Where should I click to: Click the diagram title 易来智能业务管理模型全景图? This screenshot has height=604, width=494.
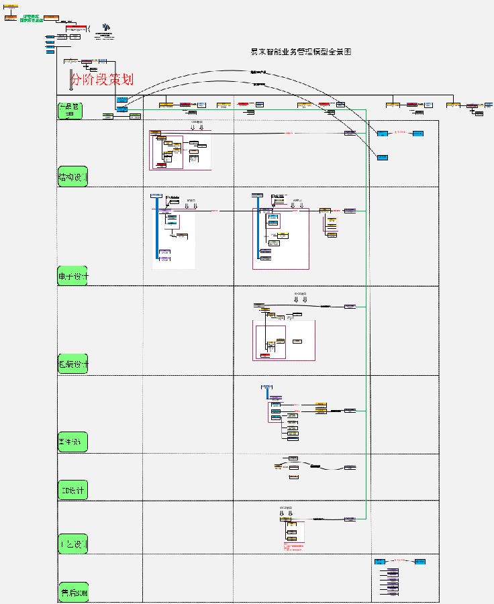coord(301,52)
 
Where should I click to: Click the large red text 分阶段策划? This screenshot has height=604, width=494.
coord(102,79)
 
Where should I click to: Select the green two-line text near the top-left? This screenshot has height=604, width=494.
coord(32,19)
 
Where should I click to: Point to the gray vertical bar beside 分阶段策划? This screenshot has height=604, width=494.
coord(70,79)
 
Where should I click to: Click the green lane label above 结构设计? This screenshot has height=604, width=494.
coord(70,110)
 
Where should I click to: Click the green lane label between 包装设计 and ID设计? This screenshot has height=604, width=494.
coord(74,443)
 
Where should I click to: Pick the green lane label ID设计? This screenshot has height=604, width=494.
coord(73,491)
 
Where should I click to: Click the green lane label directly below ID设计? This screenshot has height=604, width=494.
coord(73,543)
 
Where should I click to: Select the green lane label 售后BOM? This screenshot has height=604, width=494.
coord(74,593)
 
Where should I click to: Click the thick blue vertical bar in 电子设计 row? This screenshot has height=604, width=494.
coord(156,225)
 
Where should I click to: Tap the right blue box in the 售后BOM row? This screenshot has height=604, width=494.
coord(419,561)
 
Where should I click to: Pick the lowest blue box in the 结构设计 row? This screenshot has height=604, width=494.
coord(382,157)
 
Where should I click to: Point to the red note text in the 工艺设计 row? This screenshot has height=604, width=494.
coord(293,548)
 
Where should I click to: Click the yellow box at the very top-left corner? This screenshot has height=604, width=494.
coord(11,7)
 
